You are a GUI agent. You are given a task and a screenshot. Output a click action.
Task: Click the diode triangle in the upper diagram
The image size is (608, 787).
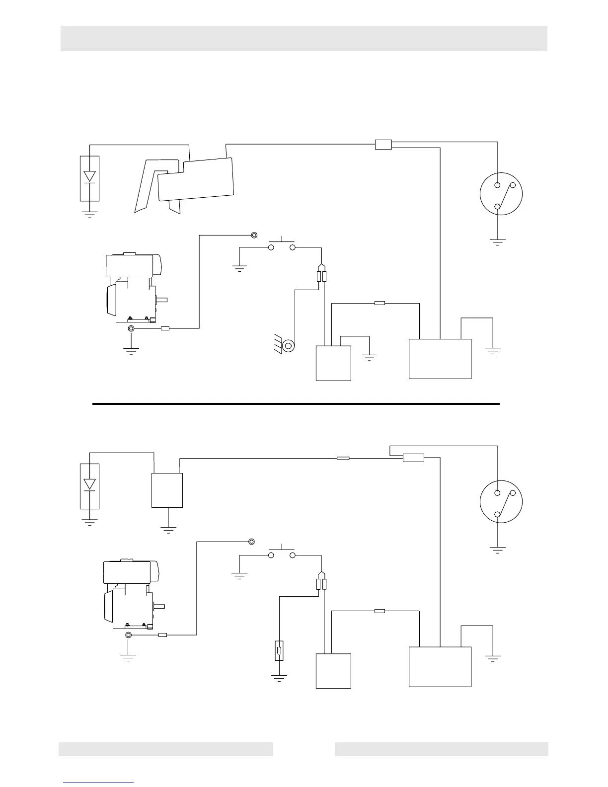pyautogui.click(x=89, y=176)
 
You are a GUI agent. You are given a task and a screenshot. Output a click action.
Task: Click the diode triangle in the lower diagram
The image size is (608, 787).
pyautogui.click(x=89, y=484)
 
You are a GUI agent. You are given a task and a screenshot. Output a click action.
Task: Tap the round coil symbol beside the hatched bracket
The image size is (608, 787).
pyautogui.click(x=288, y=345)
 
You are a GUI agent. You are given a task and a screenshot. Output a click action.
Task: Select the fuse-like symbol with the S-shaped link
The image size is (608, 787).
pyautogui.click(x=280, y=650)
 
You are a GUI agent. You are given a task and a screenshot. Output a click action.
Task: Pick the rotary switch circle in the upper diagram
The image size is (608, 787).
pyautogui.click(x=502, y=194)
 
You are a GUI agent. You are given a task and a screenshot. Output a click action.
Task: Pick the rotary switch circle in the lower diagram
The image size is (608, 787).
pyautogui.click(x=502, y=502)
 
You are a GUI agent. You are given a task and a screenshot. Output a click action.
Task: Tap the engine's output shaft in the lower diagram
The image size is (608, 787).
pyautogui.click(x=160, y=606)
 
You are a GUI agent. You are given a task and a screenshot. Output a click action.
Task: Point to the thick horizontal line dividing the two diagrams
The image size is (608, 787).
pyautogui.click(x=296, y=404)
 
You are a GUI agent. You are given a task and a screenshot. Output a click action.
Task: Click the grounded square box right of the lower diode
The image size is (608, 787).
pyautogui.click(x=167, y=490)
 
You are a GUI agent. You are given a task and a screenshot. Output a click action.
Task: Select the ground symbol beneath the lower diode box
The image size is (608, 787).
pyautogui.click(x=89, y=522)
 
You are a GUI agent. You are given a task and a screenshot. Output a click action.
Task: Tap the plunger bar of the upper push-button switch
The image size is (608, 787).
pyautogui.click(x=282, y=241)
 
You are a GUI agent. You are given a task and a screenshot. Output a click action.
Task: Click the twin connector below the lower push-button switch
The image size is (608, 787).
pyautogui.click(x=321, y=584)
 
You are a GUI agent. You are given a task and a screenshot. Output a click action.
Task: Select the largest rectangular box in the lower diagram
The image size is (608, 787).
pyautogui.click(x=440, y=666)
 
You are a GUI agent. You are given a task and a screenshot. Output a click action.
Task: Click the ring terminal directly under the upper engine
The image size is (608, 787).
pyautogui.click(x=131, y=329)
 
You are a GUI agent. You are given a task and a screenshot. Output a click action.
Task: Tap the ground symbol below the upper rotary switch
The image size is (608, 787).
pyautogui.click(x=497, y=242)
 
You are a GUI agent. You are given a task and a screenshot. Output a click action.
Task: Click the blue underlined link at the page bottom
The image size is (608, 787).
pyautogui.click(x=98, y=783)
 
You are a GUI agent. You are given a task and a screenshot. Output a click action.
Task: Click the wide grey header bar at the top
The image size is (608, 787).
pyautogui.click(x=304, y=38)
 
